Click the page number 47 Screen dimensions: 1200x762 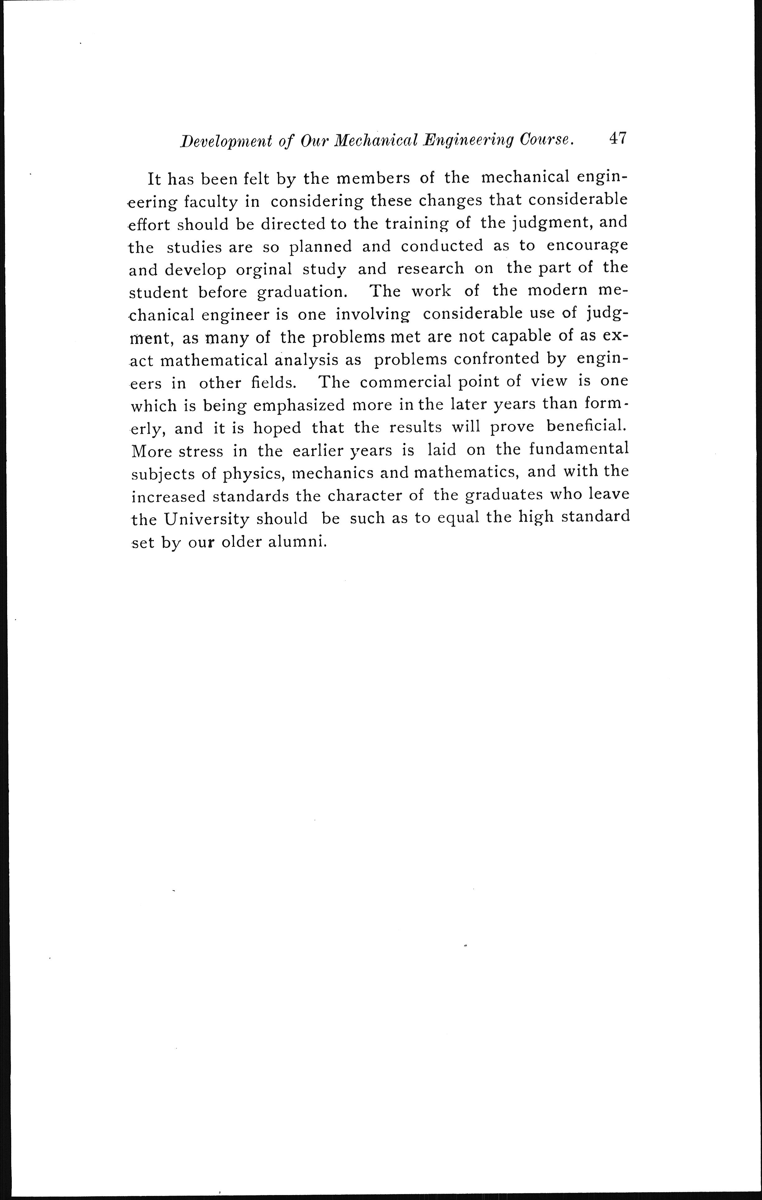[617, 138]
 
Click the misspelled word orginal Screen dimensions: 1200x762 [264, 270]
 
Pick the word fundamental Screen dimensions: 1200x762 [578, 449]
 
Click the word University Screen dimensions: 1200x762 [206, 519]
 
